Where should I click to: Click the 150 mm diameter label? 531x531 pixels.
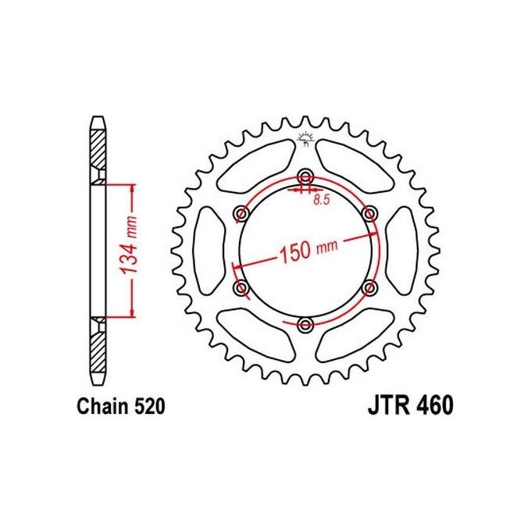pyautogui.click(x=306, y=251)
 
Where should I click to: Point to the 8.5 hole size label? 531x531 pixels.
pyautogui.click(x=320, y=201)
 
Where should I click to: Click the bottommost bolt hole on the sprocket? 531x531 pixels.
pyautogui.click(x=305, y=324)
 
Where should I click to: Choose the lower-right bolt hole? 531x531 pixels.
pyautogui.click(x=370, y=287)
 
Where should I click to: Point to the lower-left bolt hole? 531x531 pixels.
pyautogui.click(x=241, y=288)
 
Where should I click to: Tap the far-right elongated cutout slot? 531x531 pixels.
pyautogui.click(x=404, y=250)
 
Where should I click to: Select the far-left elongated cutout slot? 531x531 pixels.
pyautogui.click(x=206, y=250)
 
